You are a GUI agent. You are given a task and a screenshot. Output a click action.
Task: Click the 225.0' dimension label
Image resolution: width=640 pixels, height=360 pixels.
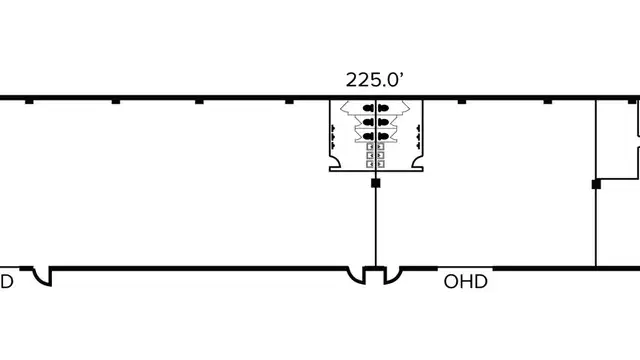[375, 80]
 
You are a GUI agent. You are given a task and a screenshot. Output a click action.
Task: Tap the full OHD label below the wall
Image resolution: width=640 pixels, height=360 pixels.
[465, 282]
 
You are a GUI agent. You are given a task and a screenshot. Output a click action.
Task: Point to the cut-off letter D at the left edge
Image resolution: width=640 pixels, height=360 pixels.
[7, 282]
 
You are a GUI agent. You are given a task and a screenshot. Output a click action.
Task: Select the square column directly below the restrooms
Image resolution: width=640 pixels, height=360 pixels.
[376, 183]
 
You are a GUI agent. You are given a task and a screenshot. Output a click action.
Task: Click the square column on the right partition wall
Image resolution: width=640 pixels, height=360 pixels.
[596, 184]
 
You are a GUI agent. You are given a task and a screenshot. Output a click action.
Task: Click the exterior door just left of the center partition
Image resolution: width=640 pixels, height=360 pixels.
[357, 276]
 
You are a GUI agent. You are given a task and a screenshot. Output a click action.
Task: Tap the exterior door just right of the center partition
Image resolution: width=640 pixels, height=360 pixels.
[393, 276]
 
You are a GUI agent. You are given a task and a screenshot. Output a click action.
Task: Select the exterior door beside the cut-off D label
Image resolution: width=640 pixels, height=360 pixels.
[42, 277]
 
